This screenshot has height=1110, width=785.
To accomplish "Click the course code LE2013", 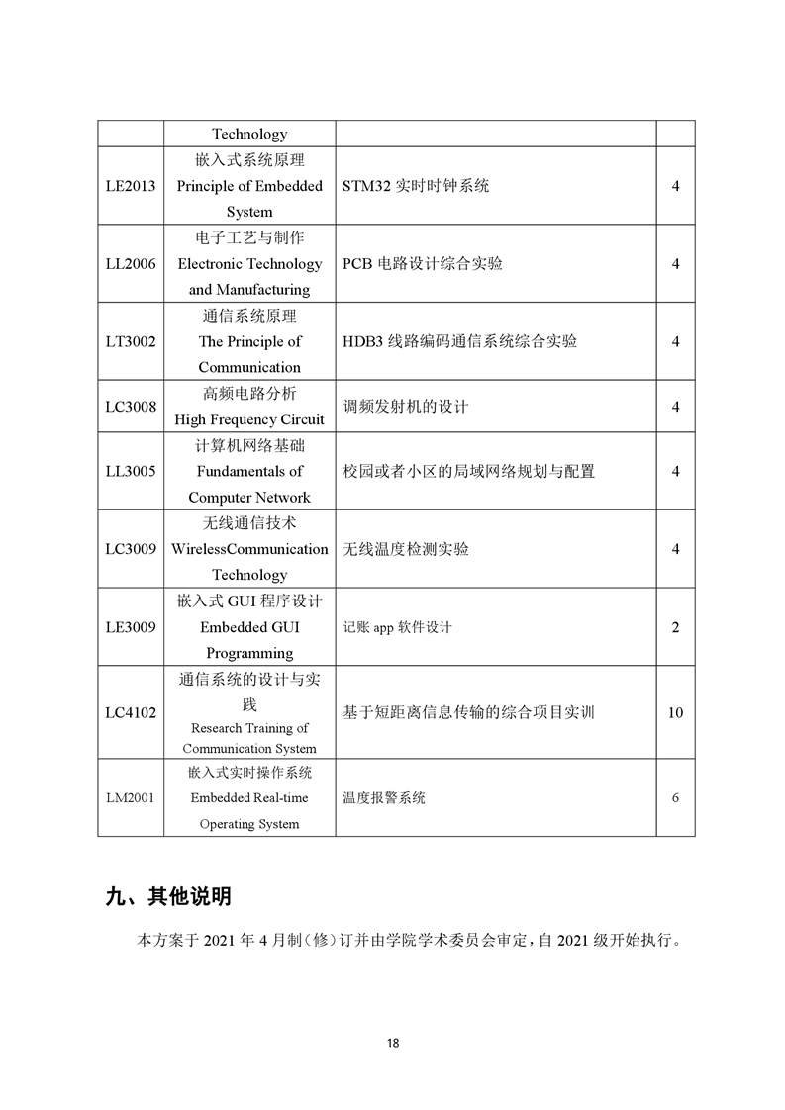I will click(x=131, y=186).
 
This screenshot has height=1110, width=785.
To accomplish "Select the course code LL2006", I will click(x=131, y=264).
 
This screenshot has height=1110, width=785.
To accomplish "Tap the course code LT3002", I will click(x=131, y=341).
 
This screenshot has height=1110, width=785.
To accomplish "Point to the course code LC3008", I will click(x=131, y=407).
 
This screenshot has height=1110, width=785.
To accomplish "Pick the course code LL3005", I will click(x=131, y=471).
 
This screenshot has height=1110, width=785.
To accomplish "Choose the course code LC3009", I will click(x=131, y=549).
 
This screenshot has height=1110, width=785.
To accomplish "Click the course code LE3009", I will click(x=131, y=627).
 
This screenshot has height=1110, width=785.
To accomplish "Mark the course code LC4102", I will click(x=131, y=712).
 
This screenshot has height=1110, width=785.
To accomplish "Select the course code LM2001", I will click(x=131, y=798).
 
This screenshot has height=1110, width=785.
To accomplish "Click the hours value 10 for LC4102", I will click(x=675, y=712).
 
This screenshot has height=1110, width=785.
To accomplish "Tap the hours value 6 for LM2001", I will click(x=675, y=798).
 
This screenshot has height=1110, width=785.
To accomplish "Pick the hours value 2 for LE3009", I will click(x=675, y=627).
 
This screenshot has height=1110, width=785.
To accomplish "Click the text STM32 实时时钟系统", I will click(x=416, y=186).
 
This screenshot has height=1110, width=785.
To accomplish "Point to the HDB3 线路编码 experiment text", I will click(x=460, y=341).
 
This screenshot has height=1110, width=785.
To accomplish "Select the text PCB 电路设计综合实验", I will click(x=423, y=264).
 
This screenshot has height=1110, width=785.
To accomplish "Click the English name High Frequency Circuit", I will click(x=249, y=419).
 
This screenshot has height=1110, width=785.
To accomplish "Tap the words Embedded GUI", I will click(x=249, y=627).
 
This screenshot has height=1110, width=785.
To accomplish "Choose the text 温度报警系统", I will click(x=384, y=798).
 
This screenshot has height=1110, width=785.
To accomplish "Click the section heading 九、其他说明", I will click(x=168, y=897).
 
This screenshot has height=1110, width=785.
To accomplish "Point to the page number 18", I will click(x=393, y=1043).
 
